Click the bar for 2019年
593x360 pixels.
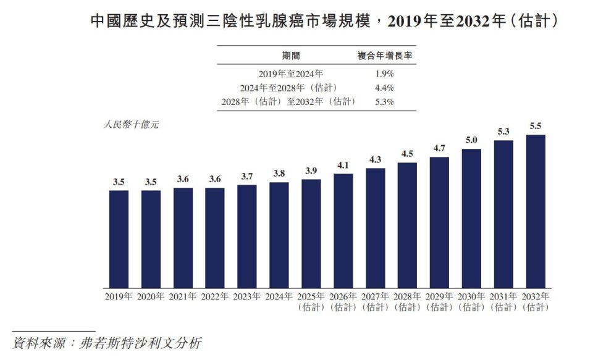[x=119, y=239]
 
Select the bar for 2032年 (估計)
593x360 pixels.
[x=535, y=211]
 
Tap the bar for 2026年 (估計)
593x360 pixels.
[x=343, y=231]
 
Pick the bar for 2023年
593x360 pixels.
[x=247, y=237]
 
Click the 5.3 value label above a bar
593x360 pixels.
[x=503, y=132]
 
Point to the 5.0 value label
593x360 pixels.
[x=471, y=140]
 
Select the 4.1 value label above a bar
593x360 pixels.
[x=343, y=165]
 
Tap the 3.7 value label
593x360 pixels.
[x=247, y=176]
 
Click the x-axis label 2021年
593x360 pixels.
[x=183, y=296]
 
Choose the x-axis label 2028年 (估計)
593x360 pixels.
[x=407, y=301]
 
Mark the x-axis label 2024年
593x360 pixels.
[x=279, y=296]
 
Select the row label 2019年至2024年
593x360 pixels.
[x=291, y=73]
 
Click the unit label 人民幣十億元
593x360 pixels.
[x=130, y=125]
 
